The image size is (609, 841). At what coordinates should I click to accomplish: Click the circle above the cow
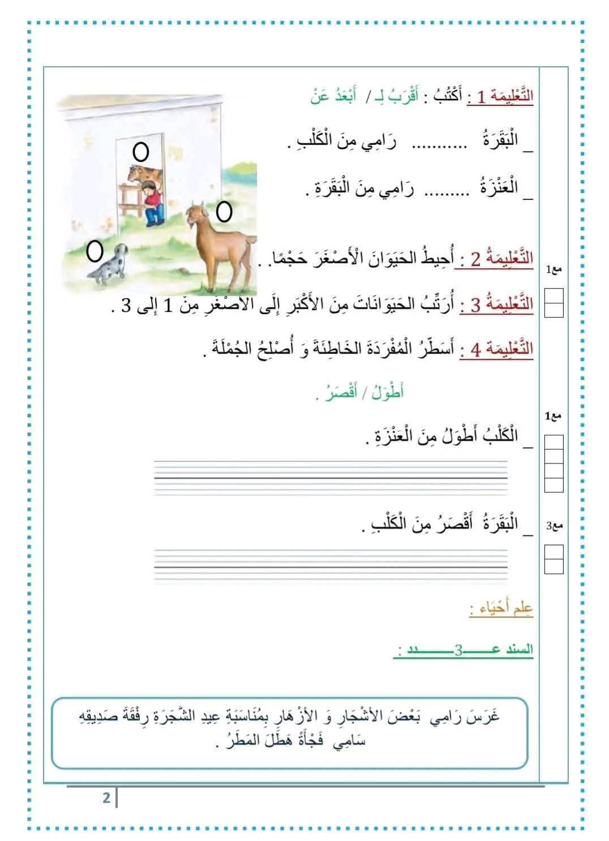140,151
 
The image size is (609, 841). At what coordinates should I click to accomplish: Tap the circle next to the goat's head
224,212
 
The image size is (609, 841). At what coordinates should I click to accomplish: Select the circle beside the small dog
95,251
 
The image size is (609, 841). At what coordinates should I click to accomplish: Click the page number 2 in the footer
106,798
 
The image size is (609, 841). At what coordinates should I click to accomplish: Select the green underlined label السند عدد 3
463,650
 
